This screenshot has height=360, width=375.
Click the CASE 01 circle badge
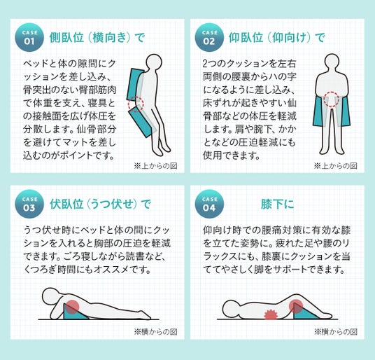[29, 37]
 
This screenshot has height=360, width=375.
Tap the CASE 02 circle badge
[209, 37]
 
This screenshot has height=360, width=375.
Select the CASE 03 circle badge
[29, 204]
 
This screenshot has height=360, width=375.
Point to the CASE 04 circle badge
[209, 204]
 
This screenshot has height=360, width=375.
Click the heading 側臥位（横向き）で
[97, 38]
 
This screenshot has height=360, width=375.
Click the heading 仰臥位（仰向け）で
[277, 38]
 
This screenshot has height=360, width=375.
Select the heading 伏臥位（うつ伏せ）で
[100, 205]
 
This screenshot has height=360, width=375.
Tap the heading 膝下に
[278, 205]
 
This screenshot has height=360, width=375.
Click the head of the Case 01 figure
[154, 62]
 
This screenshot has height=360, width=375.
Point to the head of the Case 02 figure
[332, 62]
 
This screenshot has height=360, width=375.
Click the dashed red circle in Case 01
[136, 104]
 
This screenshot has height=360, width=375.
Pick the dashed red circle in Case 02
[332, 99]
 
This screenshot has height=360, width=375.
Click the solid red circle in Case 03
[72, 307]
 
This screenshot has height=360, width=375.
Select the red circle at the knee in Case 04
[296, 306]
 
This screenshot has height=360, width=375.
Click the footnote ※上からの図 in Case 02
[336, 165]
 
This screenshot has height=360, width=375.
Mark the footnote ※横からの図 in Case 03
[156, 332]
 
